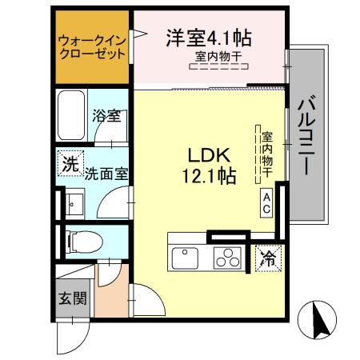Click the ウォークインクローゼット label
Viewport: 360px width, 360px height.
point(92,48)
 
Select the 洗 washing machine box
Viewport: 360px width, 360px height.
point(70,166)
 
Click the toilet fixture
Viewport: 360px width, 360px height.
point(80,238)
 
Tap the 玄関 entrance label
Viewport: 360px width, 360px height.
point(70,299)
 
